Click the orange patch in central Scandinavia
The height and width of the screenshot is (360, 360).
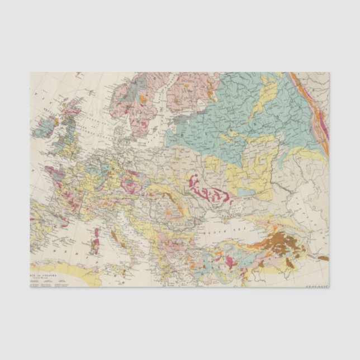(143, 99)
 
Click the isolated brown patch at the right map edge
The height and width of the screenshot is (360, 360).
(323, 258)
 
